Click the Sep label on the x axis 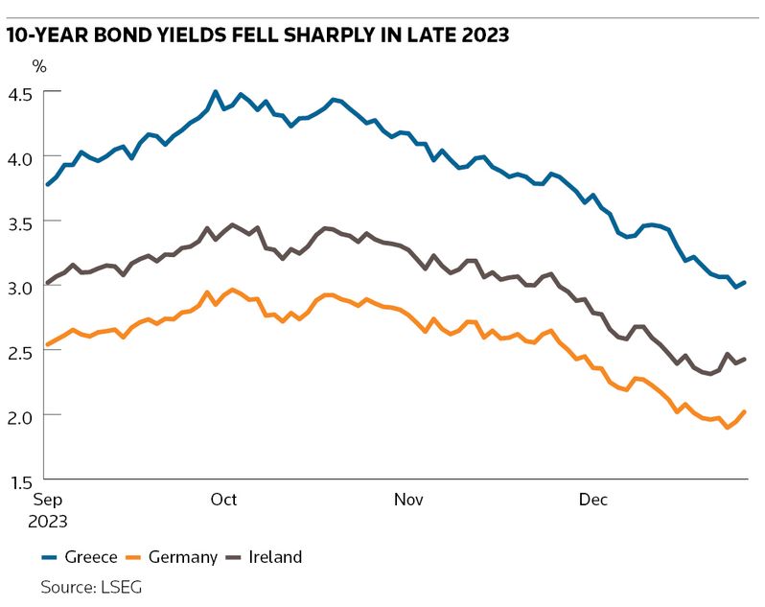coord(48,500)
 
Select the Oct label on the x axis coord(223,500)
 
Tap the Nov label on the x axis coord(409,500)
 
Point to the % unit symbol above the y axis coord(39,66)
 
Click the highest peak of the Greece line coord(215,92)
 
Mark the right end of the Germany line coord(745,412)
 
